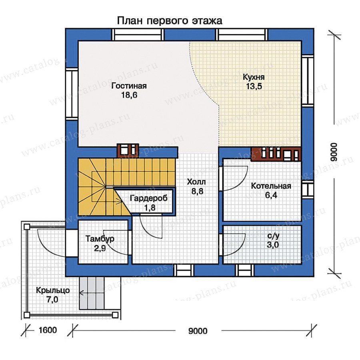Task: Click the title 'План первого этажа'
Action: [x=170, y=21]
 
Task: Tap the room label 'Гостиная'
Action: [x=129, y=86]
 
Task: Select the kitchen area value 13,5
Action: [x=254, y=86]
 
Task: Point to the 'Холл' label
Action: [x=196, y=182]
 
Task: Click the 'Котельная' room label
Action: [x=271, y=186]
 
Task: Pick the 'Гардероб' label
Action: [x=149, y=198]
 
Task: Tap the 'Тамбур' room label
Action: [x=100, y=239]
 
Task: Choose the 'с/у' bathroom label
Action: [x=273, y=236]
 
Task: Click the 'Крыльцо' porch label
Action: [x=53, y=290]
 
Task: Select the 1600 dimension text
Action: [x=48, y=330]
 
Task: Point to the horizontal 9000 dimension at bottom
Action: [x=198, y=331]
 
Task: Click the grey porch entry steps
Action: [x=92, y=293]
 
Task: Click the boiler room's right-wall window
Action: [x=308, y=190]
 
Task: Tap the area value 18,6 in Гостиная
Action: [x=129, y=95]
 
